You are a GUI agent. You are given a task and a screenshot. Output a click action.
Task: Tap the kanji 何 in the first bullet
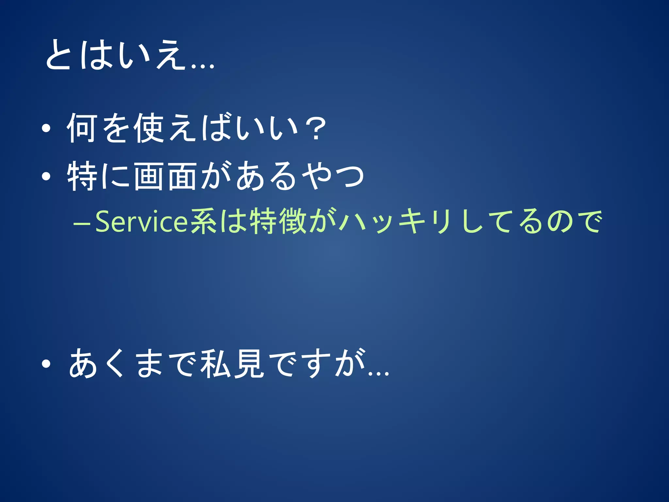[82, 128]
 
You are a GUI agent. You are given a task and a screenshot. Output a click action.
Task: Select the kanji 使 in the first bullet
[149, 128]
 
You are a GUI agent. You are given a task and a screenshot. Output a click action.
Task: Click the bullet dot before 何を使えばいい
[46, 128]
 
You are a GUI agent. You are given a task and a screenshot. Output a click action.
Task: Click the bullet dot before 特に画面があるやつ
[46, 176]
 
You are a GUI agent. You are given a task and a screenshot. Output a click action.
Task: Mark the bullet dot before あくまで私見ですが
[46, 363]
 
